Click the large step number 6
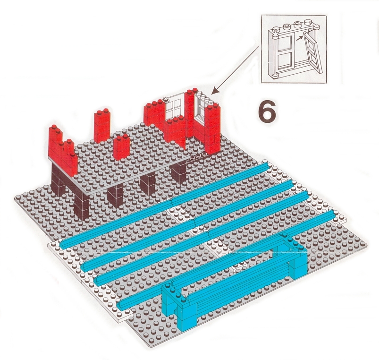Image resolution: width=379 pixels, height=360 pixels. coord(267,111)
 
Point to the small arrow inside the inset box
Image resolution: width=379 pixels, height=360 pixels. coord(299,38)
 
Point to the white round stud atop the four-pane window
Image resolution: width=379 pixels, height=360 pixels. coord(166,98)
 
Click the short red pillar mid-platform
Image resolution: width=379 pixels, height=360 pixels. coord(121,147)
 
